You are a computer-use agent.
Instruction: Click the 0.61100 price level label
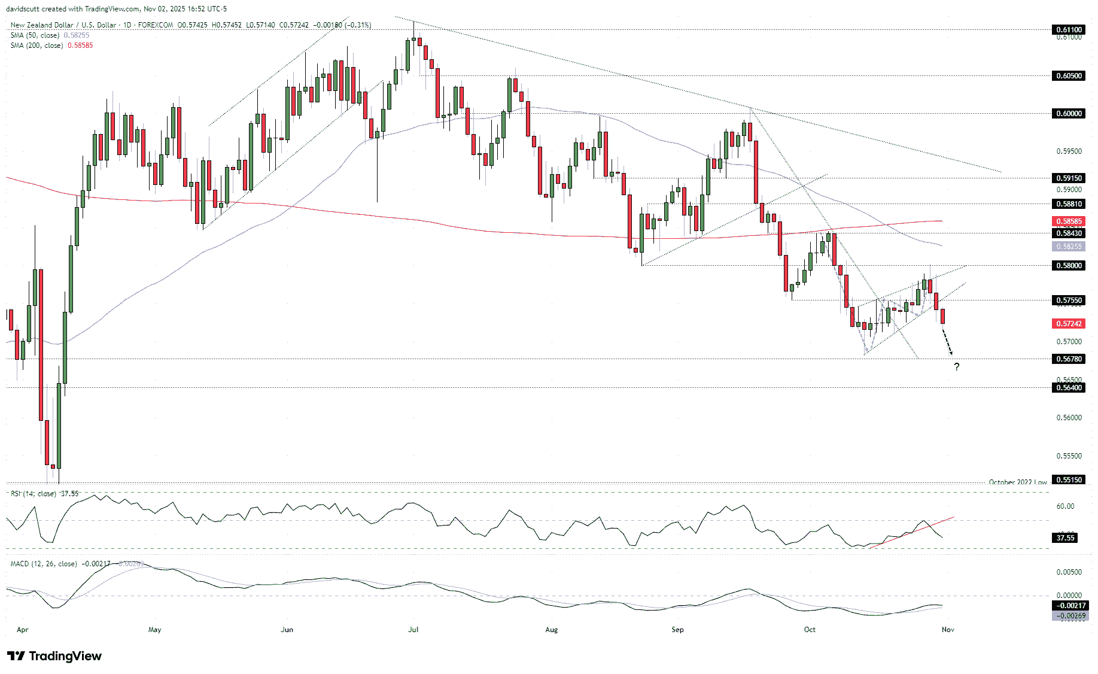click(1068, 29)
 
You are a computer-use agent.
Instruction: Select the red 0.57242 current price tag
click(1068, 323)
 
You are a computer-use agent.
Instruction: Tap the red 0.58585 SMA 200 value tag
click(1068, 221)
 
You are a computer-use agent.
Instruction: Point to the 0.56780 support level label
click(1068, 359)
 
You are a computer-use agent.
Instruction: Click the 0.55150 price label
click(1068, 479)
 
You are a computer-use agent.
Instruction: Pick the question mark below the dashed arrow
click(957, 367)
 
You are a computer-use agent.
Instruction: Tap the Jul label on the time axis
click(413, 629)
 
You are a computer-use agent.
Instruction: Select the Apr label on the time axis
click(23, 629)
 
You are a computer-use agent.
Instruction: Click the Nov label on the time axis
click(948, 629)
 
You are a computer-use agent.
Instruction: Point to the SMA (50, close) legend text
click(37, 35)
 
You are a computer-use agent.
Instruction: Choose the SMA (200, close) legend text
click(37, 45)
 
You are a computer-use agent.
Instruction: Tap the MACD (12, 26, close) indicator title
click(44, 564)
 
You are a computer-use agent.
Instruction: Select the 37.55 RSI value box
click(1066, 538)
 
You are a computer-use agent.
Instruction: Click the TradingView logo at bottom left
click(54, 656)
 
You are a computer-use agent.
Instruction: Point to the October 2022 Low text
click(1017, 482)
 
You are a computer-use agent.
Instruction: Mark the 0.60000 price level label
click(1068, 113)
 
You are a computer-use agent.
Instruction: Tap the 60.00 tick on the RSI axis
click(1065, 506)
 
